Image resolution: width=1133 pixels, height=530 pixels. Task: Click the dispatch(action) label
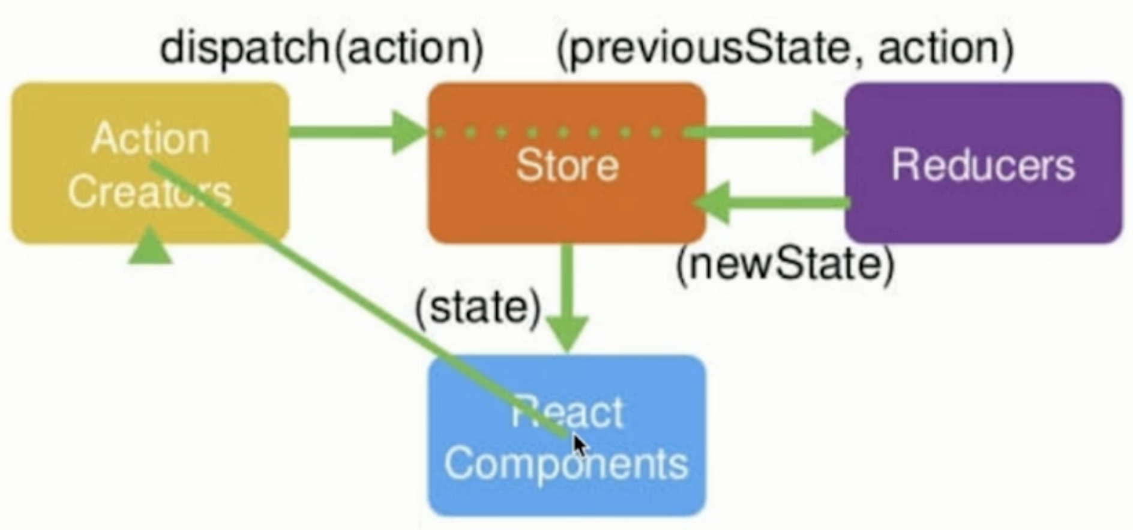[321, 48]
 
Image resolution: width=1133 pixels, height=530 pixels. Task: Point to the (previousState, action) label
[785, 48]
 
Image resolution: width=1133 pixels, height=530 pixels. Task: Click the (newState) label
[785, 264]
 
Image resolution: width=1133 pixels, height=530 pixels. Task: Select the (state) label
[478, 308]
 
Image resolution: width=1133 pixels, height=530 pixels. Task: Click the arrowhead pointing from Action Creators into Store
[408, 132]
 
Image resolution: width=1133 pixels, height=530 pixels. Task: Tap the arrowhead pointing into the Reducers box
[828, 132]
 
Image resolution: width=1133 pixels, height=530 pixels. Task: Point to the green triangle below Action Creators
[150, 247]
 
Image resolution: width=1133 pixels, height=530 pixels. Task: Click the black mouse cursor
[579, 447]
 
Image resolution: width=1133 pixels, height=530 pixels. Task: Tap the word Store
[566, 165]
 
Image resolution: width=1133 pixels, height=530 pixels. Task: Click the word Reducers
[983, 165]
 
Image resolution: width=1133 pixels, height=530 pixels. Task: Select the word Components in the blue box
[566, 465]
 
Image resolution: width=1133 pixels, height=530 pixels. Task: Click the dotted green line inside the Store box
[549, 132]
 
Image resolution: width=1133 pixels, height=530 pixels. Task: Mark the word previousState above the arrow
[708, 48]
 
